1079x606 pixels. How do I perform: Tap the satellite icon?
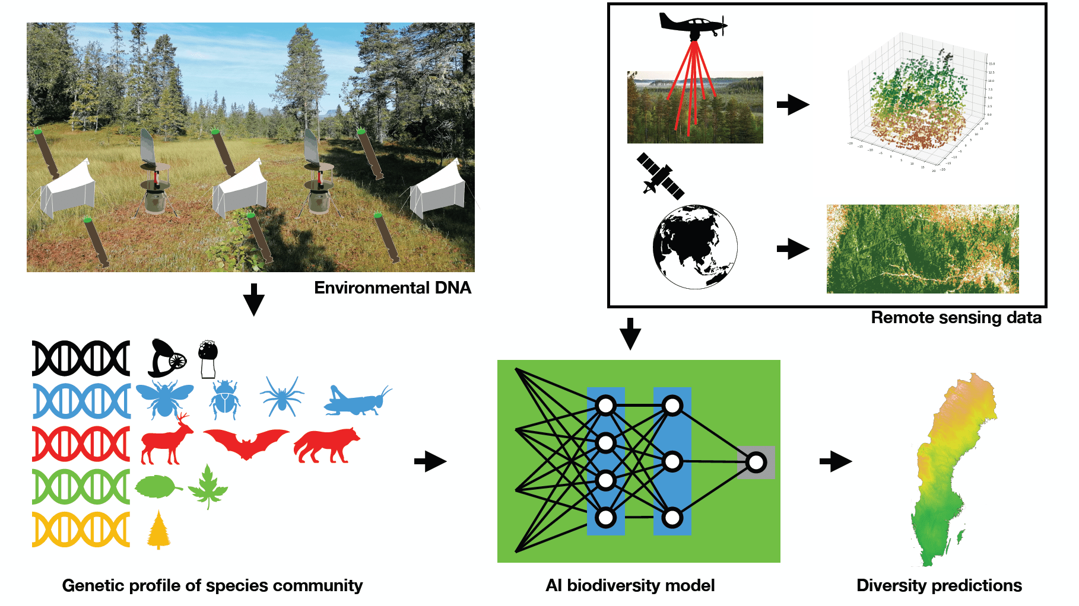(660, 176)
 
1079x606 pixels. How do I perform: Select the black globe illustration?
(695, 247)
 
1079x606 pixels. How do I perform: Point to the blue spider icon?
(281, 396)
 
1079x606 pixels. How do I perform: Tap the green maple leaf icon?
(208, 487)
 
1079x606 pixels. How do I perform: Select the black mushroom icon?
(208, 358)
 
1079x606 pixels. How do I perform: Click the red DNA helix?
(81, 444)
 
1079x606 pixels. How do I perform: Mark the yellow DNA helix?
(81, 530)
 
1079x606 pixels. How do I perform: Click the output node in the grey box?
(756, 462)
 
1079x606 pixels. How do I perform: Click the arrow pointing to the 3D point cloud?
(793, 105)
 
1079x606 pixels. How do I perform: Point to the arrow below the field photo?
(254, 299)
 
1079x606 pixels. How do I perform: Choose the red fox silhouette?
(326, 445)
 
